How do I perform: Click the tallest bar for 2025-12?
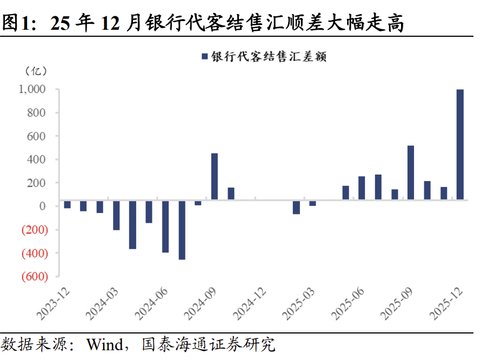[x=460, y=147]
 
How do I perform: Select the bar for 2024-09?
[x=214, y=179]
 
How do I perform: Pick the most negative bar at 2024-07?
[x=182, y=232]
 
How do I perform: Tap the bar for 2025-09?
[x=411, y=175]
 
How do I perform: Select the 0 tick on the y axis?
[x=43, y=206]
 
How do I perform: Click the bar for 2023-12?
[x=67, y=204]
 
